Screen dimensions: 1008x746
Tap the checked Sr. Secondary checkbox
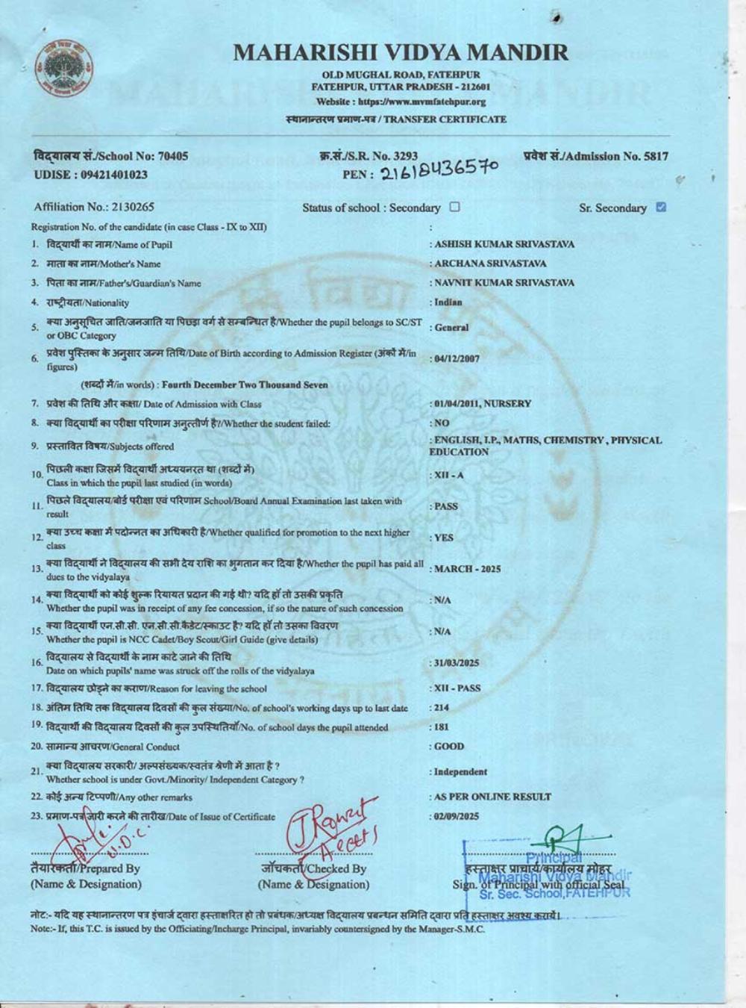[x=660, y=208]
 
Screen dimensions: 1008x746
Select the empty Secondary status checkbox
[x=455, y=208]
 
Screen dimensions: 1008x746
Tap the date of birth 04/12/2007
[x=457, y=358]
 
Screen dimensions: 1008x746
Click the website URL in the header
[x=421, y=102]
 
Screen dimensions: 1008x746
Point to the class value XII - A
[x=448, y=476]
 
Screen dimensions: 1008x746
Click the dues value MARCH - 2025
[x=467, y=569]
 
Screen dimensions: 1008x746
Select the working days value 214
[x=441, y=707]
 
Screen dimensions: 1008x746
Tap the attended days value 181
[x=441, y=727]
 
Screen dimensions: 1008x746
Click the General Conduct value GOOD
[x=449, y=746]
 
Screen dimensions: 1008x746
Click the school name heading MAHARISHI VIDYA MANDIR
[x=401, y=52]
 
